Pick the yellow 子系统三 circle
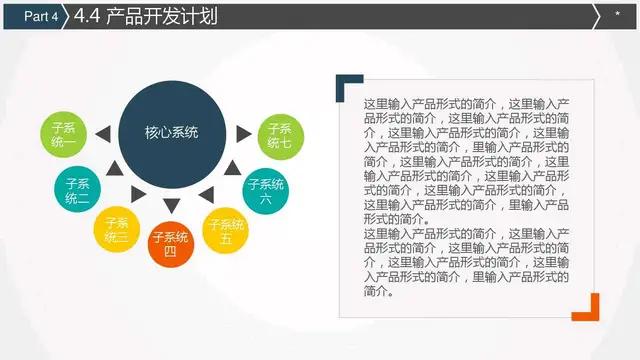point(116,229)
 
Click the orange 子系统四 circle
point(170,245)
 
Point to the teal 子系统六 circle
point(265,190)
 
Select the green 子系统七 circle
point(279,135)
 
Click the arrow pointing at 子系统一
point(101,133)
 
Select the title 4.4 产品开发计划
point(145,16)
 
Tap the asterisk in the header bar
point(617,14)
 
